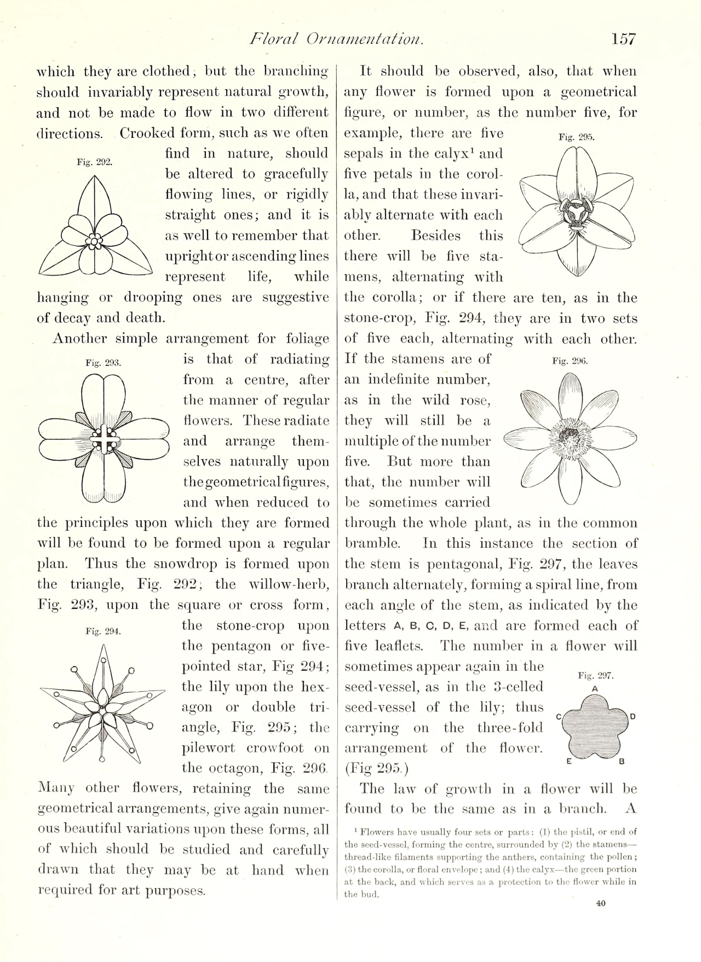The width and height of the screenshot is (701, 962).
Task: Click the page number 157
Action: coord(624,39)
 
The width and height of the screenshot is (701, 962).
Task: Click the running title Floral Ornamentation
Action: coord(336,39)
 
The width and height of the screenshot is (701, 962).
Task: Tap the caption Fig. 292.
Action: coord(95,162)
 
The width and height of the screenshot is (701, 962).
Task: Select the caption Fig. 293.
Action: coord(103,363)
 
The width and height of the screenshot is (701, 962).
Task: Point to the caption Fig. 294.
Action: coord(103,631)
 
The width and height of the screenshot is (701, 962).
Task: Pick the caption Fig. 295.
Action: coord(576,137)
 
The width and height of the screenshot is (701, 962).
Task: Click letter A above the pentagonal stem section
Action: coord(595,688)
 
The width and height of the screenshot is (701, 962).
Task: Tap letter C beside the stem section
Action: coord(559,716)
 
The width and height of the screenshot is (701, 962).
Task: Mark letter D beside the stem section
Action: coord(633,716)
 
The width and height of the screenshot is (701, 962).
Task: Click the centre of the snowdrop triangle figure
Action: coord(95,241)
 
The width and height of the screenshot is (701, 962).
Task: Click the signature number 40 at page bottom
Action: coord(601,903)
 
